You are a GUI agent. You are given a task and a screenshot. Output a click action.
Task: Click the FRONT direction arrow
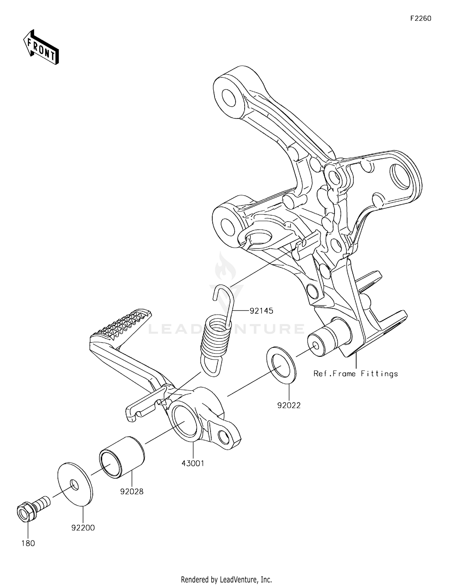(41, 47)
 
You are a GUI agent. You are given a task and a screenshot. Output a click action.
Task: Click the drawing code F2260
(421, 18)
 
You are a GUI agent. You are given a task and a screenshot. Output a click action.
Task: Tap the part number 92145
(261, 311)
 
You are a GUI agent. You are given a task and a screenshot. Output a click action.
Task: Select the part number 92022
(289, 405)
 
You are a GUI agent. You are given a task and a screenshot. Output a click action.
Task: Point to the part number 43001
(193, 463)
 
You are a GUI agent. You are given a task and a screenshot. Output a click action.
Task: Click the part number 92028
(132, 491)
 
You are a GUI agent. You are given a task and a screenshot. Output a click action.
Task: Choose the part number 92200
(83, 528)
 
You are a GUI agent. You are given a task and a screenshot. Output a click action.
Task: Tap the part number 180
(28, 543)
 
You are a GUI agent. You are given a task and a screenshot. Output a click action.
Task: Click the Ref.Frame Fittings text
(355, 374)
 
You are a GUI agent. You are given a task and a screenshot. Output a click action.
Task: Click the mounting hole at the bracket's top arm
(228, 97)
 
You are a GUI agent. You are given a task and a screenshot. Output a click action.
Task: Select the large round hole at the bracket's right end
(401, 175)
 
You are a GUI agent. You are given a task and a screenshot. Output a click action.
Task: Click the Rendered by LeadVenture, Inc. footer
(226, 579)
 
